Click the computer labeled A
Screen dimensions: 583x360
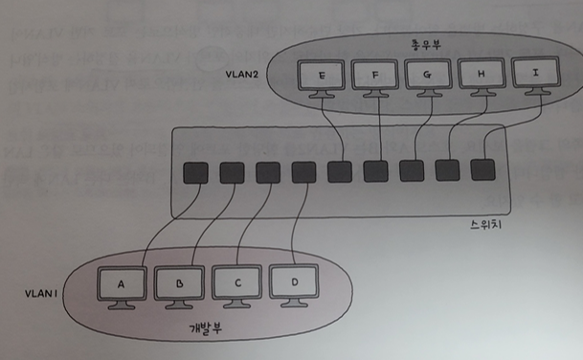[x=122, y=288]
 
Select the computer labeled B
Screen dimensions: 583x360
[x=179, y=287]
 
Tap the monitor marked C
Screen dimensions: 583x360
[x=236, y=286]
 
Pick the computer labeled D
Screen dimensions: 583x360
[x=294, y=285]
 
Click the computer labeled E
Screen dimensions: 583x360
[x=322, y=79]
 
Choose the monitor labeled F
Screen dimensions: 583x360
[x=375, y=78]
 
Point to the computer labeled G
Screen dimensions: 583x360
[x=428, y=77]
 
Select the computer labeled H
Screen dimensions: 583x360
[x=482, y=77]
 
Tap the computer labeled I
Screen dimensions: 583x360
[x=535, y=76]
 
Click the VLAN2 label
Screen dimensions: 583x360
[x=241, y=74]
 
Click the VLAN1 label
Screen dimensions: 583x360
[x=41, y=293]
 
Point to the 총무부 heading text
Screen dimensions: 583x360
[x=426, y=45]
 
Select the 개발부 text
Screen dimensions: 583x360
[x=206, y=327]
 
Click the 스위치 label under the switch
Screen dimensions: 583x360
[x=486, y=224]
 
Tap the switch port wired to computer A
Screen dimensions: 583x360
[x=195, y=172]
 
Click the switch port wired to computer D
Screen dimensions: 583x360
[x=303, y=172]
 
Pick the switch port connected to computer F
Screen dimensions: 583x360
[x=375, y=171]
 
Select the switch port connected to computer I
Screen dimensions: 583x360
[x=483, y=170]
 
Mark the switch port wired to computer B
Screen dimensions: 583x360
[x=232, y=172]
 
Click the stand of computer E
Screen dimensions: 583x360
[x=322, y=94]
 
